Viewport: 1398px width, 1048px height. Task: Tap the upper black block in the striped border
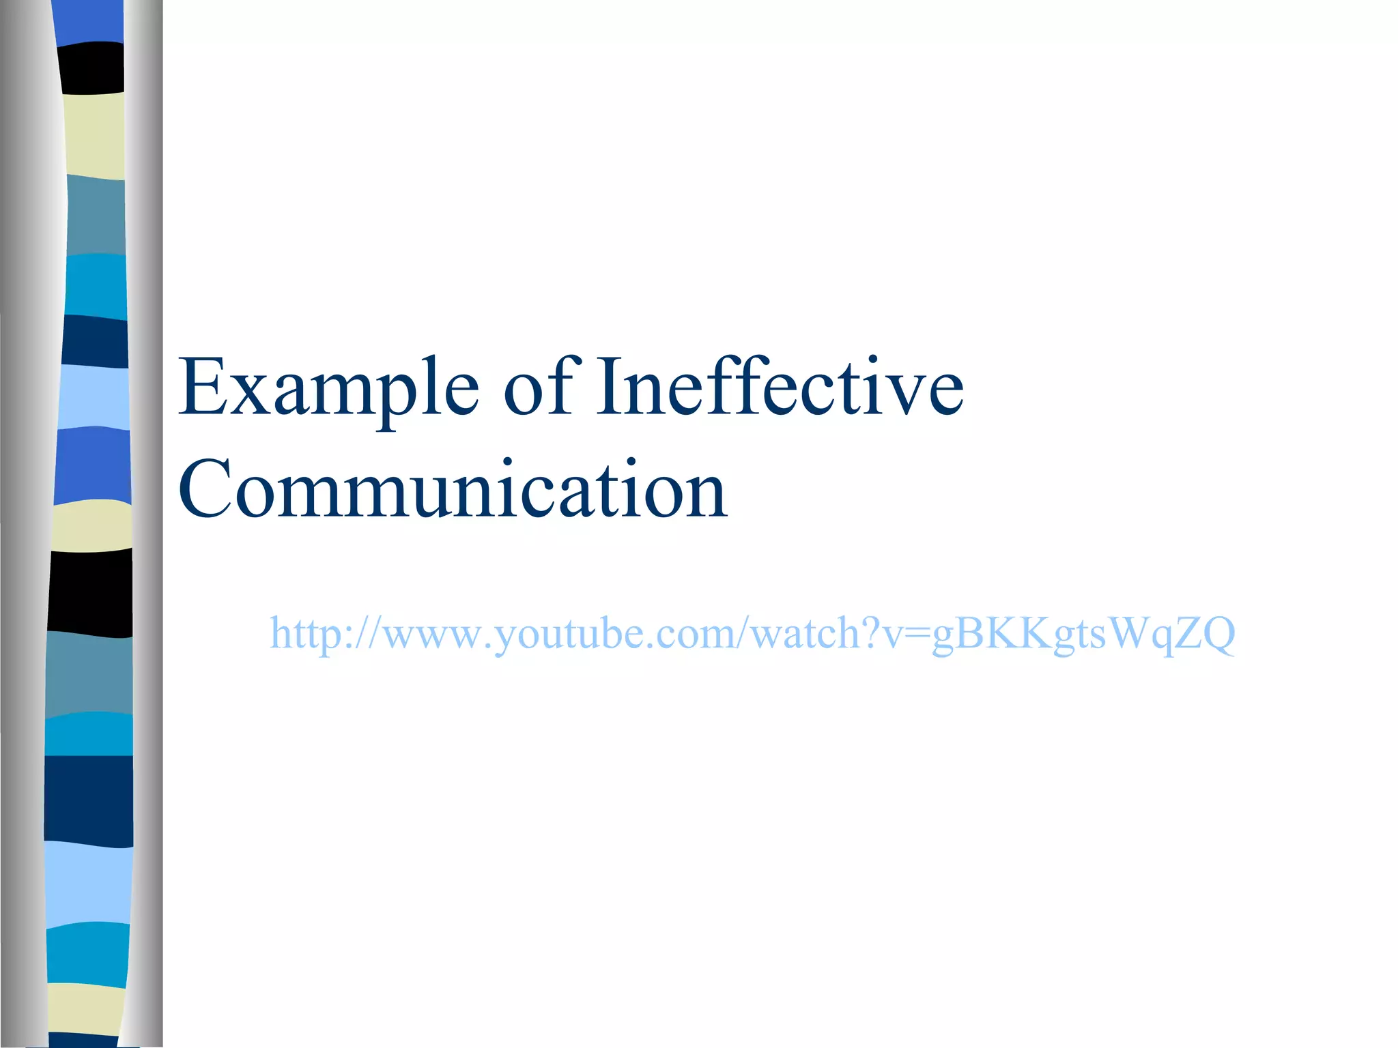click(x=91, y=68)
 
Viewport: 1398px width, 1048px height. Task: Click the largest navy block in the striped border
click(x=89, y=800)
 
